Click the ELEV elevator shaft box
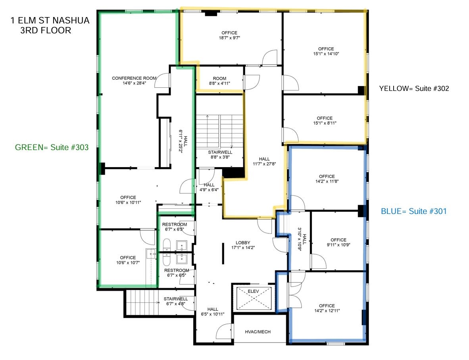click(x=254, y=298)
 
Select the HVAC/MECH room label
click(x=258, y=332)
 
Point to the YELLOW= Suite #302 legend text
click(x=414, y=89)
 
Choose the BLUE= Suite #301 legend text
click(x=414, y=211)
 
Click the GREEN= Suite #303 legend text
click(x=52, y=147)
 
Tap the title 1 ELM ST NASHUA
click(x=50, y=20)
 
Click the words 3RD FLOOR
click(x=46, y=31)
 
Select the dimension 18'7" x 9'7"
click(x=229, y=38)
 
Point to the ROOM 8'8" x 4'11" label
click(x=219, y=81)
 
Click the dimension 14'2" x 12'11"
click(x=327, y=311)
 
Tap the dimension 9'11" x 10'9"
click(x=338, y=245)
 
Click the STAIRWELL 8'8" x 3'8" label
click(x=220, y=154)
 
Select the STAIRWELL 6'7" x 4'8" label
click(x=176, y=301)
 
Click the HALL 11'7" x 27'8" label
click(x=264, y=161)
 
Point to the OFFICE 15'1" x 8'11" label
click(x=325, y=121)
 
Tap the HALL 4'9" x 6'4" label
click(x=209, y=187)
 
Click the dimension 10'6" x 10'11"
click(x=128, y=202)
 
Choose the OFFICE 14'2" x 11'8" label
click(x=327, y=179)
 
